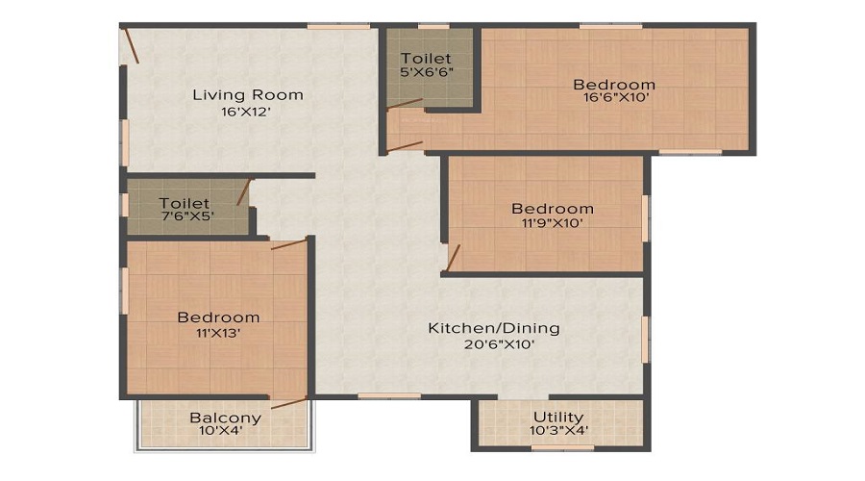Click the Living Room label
pos(247,94)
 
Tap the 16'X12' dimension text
pos(247,112)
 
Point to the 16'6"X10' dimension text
pos(614,97)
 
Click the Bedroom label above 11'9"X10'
pos(552,209)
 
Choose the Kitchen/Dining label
pos(493,328)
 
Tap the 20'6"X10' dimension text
pos(493,344)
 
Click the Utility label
pos(558,417)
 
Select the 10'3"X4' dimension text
pos(558,431)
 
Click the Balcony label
pos(225,418)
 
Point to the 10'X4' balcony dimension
pos(225,432)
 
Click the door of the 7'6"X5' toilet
pos(244,191)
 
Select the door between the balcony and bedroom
pos(288,403)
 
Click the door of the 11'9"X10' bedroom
pos(454,257)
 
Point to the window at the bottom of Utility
pos(562,447)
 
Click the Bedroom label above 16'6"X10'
pos(614,84)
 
